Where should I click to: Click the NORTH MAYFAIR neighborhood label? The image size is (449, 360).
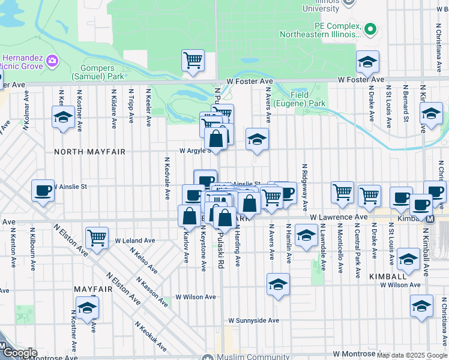click(89, 152)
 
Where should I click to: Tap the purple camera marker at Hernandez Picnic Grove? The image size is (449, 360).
click(52, 61)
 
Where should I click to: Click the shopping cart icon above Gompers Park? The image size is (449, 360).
click(193, 60)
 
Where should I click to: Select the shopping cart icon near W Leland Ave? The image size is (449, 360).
click(97, 238)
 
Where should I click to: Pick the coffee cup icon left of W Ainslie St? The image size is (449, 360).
click(43, 191)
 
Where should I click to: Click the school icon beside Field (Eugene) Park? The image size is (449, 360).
click(257, 140)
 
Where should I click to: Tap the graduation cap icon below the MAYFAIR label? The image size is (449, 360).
click(88, 308)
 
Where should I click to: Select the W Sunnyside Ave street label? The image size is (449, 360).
click(254, 320)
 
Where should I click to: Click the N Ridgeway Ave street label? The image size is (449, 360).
click(305, 187)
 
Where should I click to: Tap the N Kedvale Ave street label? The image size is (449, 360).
click(167, 179)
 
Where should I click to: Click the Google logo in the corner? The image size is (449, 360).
click(20, 353)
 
